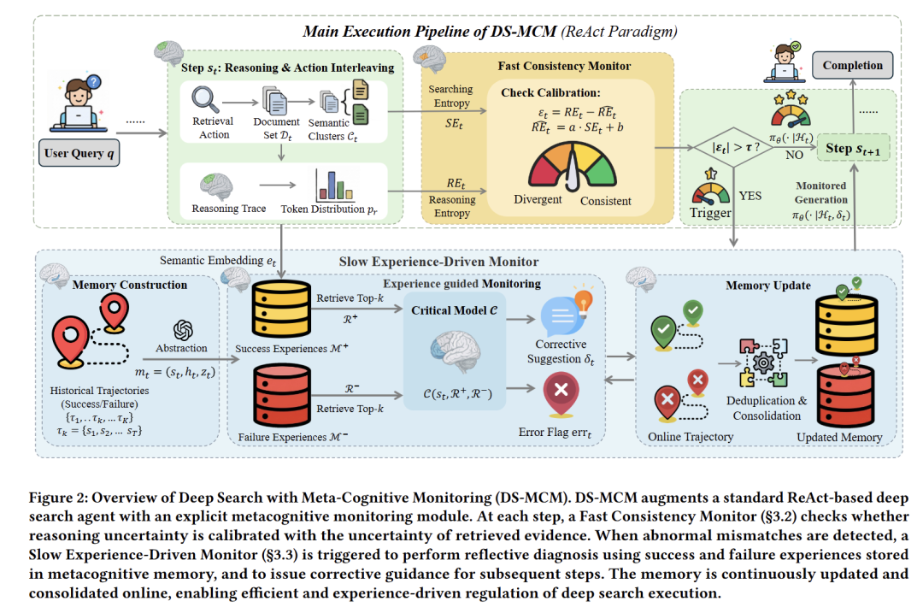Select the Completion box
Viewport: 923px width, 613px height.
(852, 65)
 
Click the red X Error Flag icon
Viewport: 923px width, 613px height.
(561, 394)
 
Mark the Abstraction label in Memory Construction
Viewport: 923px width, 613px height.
(182, 348)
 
